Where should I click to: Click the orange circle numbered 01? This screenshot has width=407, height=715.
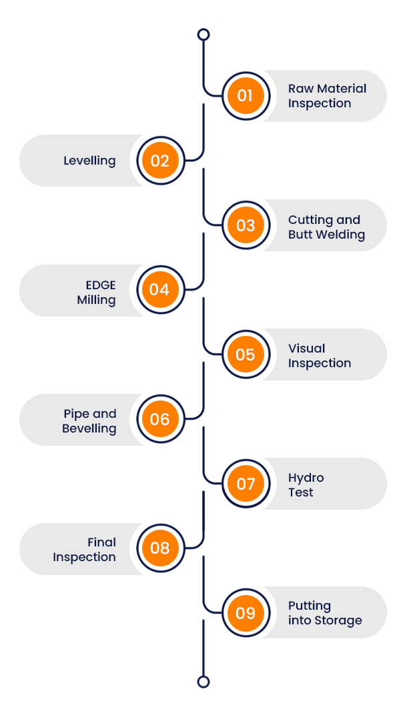click(245, 95)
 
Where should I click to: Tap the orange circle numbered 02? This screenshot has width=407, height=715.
click(159, 161)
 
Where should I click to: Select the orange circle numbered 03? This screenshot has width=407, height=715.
click(245, 225)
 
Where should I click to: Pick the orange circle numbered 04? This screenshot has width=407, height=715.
click(159, 290)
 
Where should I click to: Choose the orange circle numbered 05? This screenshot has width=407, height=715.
click(245, 355)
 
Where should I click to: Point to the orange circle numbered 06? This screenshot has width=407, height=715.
click(159, 419)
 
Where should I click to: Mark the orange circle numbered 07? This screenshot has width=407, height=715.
click(245, 484)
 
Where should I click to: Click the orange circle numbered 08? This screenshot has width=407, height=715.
click(159, 548)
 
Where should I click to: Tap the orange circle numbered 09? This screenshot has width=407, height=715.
click(245, 613)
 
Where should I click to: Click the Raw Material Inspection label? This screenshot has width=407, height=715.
click(327, 96)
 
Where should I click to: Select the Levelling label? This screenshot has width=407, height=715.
click(89, 161)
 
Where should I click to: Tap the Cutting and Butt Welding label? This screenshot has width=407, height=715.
click(326, 227)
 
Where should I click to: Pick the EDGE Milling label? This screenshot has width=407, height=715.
click(96, 293)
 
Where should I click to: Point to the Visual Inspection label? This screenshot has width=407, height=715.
click(319, 356)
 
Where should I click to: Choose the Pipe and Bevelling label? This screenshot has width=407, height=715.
click(89, 421)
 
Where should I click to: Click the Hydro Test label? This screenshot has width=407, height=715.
click(306, 485)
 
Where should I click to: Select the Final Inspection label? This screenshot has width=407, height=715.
click(85, 550)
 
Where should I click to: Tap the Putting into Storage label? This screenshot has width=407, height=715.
click(325, 613)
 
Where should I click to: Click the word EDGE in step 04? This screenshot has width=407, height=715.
click(100, 285)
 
